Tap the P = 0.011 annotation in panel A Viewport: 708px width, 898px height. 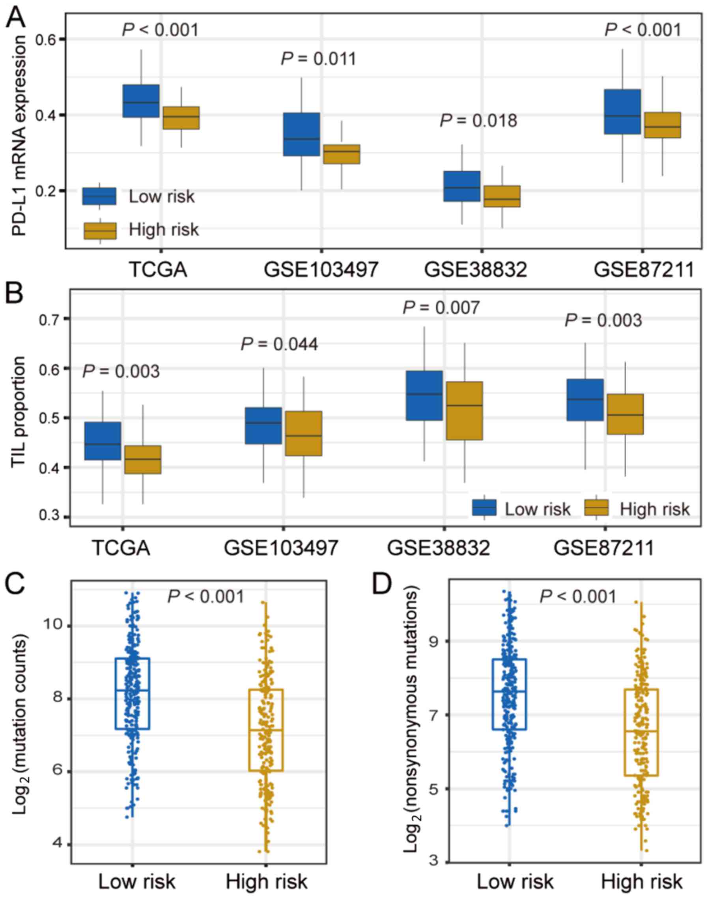318,59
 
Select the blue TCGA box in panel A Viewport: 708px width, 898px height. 141,101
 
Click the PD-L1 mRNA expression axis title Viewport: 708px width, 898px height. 19,135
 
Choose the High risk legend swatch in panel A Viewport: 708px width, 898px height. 100,230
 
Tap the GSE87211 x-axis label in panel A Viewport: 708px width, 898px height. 643,270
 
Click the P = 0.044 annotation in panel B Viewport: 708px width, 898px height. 279,344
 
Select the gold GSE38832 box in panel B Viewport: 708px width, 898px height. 464,410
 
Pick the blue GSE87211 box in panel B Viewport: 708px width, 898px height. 585,400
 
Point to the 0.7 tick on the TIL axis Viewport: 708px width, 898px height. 48,318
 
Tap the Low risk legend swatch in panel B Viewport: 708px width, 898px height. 484,507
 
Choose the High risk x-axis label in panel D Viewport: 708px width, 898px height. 642,881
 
